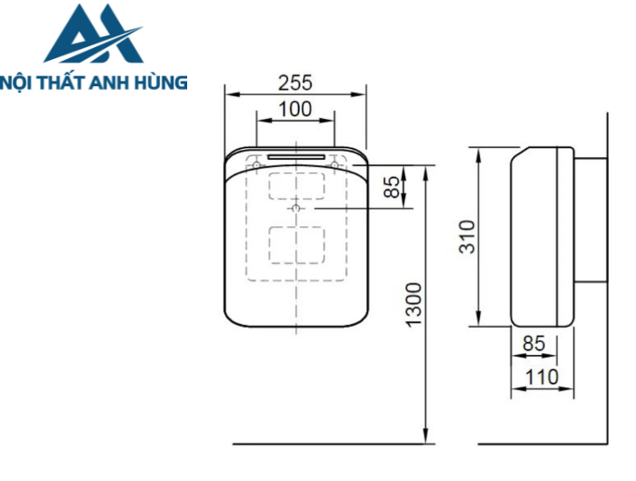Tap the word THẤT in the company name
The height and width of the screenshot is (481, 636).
(x=68, y=82)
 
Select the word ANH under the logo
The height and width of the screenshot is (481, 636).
(x=118, y=82)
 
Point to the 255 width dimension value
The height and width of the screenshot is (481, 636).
(x=295, y=83)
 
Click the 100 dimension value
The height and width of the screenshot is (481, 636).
(x=295, y=109)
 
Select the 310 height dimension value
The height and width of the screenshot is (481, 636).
(x=466, y=237)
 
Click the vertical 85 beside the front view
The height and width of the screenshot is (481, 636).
(x=391, y=187)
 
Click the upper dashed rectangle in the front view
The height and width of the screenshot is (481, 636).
(x=296, y=184)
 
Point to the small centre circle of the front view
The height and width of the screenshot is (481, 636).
(x=296, y=209)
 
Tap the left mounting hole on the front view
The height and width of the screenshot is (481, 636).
(x=258, y=166)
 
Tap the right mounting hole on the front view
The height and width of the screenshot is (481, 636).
(x=334, y=166)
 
